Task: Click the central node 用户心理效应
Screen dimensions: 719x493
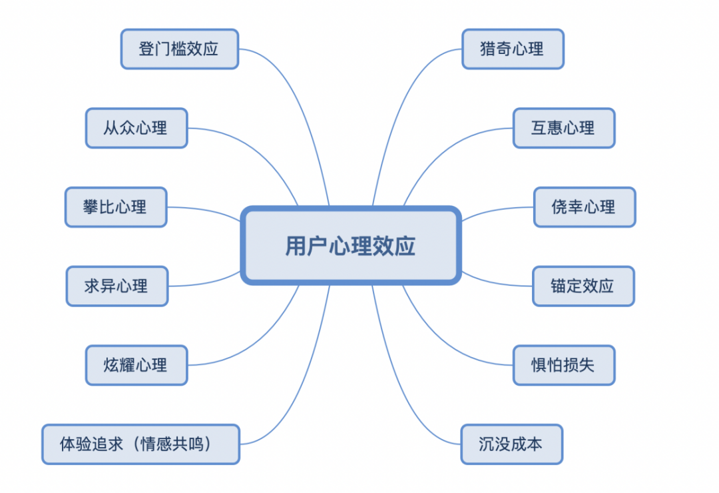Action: [351, 246]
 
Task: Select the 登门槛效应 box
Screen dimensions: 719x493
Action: [180, 49]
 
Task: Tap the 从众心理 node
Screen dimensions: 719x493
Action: [136, 128]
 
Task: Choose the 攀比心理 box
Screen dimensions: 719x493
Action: [116, 207]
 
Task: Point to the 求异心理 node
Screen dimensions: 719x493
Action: [117, 286]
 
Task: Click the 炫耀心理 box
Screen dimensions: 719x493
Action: [136, 365]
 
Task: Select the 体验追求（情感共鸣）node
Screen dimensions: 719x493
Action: [140, 444]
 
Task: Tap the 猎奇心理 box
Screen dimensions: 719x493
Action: [513, 49]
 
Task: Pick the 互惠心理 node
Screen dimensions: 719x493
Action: [564, 128]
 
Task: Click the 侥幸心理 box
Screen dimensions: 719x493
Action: [585, 207]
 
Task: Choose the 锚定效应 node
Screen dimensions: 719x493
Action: [583, 286]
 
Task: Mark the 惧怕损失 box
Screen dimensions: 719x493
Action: [564, 365]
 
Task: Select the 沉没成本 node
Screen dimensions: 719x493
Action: [512, 444]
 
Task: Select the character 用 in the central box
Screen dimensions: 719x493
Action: [296, 246]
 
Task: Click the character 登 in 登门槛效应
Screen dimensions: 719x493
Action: [146, 49]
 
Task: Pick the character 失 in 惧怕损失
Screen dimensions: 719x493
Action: [587, 365]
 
